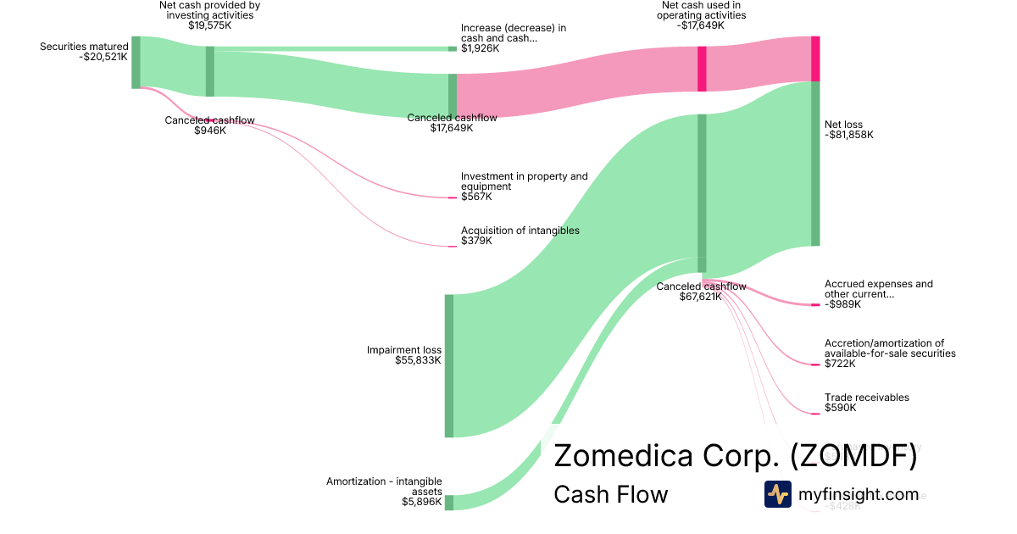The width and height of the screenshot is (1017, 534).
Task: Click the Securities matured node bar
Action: point(136,62)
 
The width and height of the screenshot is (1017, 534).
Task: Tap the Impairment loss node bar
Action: point(449,365)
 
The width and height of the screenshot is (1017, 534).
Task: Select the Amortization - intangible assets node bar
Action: point(449,503)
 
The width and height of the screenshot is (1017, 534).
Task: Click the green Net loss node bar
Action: point(815,164)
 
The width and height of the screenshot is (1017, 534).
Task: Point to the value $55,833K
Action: point(418,360)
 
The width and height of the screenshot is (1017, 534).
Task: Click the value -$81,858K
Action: point(848,135)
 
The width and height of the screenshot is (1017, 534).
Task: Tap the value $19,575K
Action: point(209,25)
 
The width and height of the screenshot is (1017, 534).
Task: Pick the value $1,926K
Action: point(480,48)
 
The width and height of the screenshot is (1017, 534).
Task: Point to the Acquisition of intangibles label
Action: point(520,231)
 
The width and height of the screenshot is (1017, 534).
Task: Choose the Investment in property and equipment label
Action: point(524,181)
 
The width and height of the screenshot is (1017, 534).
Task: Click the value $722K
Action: point(840,364)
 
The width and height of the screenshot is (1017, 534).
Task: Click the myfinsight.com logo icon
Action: point(777,494)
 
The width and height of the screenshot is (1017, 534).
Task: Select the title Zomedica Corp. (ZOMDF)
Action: point(735,456)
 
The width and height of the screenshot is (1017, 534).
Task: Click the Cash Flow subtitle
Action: point(610,494)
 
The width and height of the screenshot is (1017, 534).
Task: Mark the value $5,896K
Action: point(421,502)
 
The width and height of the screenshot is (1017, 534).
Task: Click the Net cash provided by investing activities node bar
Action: point(210,71)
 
